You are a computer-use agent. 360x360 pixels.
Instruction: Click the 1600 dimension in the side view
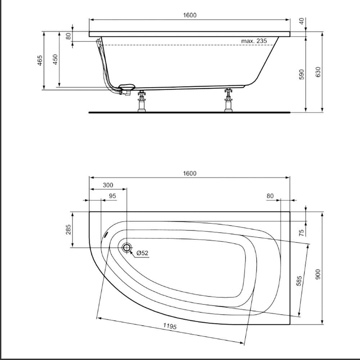(x=189, y=15)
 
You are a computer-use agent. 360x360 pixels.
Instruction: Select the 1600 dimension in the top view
(x=189, y=173)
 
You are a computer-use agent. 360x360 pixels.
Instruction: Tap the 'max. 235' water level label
(x=254, y=41)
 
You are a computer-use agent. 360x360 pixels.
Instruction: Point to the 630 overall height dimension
(x=318, y=72)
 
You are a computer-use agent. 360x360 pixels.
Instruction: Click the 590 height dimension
(x=302, y=74)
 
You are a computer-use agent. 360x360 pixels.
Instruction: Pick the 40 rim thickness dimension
(x=302, y=21)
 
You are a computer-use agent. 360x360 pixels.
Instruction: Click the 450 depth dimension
(x=55, y=59)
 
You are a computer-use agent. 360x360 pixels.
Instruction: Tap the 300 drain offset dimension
(x=108, y=185)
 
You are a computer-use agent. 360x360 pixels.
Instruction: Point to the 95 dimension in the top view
(x=112, y=196)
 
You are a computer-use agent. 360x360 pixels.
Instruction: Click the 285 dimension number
(x=68, y=229)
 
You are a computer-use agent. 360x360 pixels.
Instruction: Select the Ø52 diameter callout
(x=143, y=253)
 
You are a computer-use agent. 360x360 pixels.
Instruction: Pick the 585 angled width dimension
(x=298, y=278)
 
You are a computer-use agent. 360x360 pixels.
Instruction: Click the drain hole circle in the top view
(x=127, y=247)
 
